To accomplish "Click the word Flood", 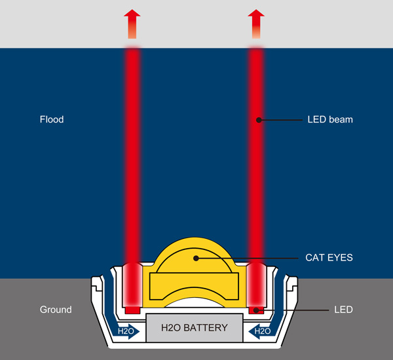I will (x=52, y=120).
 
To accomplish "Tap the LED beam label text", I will (x=330, y=120).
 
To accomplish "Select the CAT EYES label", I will (x=329, y=258).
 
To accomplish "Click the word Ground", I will (x=56, y=309).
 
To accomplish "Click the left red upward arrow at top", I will (x=133, y=24).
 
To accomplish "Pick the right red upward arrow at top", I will (x=257, y=24).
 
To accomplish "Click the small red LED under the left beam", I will (x=133, y=309).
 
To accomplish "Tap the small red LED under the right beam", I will (x=257, y=309).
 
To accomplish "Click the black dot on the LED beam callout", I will (x=259, y=120).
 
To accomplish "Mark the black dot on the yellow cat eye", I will (x=195, y=258).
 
